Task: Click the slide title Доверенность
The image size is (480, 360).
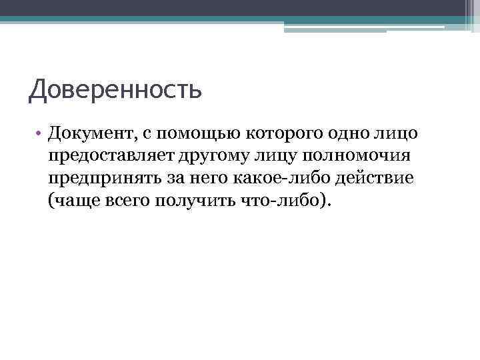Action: [115, 89]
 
